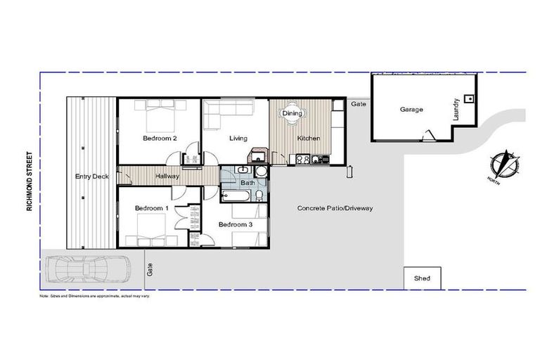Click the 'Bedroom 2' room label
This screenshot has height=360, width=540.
(159, 139)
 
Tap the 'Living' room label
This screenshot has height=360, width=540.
(238, 139)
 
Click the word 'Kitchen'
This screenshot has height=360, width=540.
(308, 139)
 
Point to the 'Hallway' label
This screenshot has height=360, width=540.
(167, 176)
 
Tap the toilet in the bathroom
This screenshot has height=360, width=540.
(259, 194)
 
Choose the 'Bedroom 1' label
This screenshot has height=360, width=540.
(151, 208)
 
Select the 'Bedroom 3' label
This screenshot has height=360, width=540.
(235, 224)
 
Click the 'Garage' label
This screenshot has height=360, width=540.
(411, 110)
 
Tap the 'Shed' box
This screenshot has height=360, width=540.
(422, 278)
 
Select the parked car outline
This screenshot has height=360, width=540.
(87, 269)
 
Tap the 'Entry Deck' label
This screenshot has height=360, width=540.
(91, 176)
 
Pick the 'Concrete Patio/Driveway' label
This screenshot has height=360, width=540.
(334, 208)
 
